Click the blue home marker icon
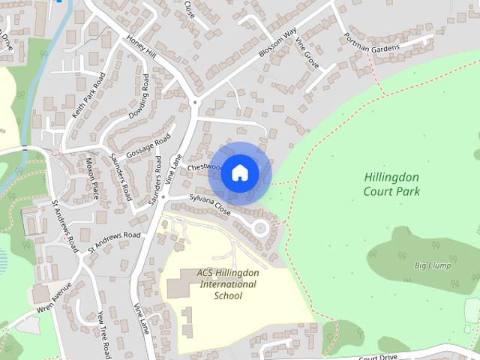pos(239,173)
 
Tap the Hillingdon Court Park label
pos(391,184)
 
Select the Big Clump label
pos(431,265)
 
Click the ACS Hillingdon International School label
pos(227,283)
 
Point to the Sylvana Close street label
pos(209,205)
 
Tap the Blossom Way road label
pos(277,43)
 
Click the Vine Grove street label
pos(306,54)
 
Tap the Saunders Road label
pos(120,174)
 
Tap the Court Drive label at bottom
pos(377,357)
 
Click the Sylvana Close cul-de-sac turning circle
pos(260,227)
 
